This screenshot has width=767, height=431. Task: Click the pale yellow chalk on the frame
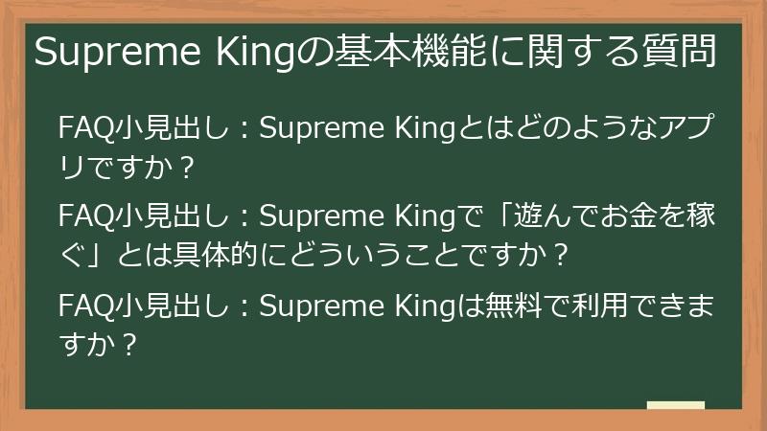pos(675,406)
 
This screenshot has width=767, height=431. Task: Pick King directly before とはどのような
pos(428,128)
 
